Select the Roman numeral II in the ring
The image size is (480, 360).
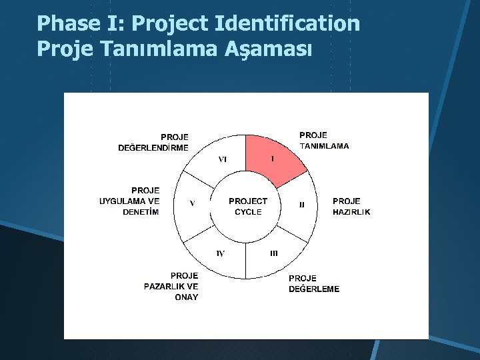tap(301, 205)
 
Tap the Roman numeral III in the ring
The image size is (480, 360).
tap(273, 253)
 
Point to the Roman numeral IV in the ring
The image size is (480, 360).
tap(221, 253)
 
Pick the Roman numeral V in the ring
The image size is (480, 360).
tap(192, 204)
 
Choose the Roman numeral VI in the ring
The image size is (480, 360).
tap(223, 159)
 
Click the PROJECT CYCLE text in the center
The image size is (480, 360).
tap(247, 206)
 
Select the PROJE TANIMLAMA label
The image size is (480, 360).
tap(323, 140)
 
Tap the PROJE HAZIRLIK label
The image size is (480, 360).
tap(351, 206)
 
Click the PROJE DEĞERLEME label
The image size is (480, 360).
tap(313, 283)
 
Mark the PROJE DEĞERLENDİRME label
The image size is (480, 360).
tap(154, 142)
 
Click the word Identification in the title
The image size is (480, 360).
tap(287, 24)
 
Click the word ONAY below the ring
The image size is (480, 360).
tap(186, 297)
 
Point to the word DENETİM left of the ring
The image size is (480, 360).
tap(141, 212)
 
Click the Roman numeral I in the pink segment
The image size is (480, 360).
tap(272, 159)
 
